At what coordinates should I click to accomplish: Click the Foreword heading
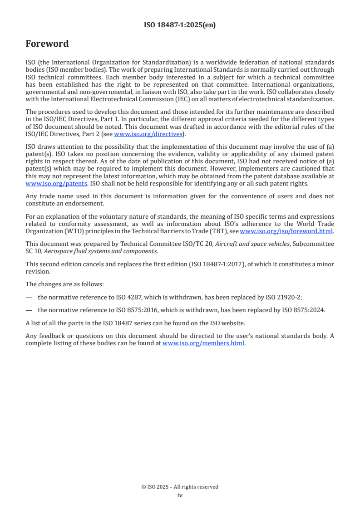[47, 44]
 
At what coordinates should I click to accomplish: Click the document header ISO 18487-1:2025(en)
[180, 25]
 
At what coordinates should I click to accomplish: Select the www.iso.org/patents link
[44, 183]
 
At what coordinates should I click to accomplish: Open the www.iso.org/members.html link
[203, 343]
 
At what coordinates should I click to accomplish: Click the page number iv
[180, 495]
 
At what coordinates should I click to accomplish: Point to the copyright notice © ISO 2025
[180, 487]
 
